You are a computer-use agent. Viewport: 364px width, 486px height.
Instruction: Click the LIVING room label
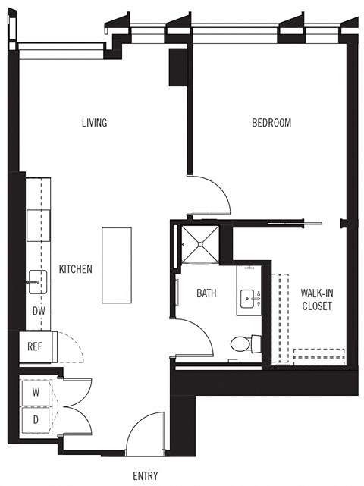(94, 123)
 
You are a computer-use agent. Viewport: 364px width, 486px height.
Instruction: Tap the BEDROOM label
(271, 123)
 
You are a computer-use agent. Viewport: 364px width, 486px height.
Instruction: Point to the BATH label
(207, 293)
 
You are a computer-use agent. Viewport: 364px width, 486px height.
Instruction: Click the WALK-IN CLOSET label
(316, 299)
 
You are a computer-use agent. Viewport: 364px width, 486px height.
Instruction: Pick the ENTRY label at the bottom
(145, 476)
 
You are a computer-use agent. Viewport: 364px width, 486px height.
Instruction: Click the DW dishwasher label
(38, 310)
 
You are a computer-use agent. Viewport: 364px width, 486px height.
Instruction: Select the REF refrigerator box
(34, 346)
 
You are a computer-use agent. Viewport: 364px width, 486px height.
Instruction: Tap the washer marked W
(36, 393)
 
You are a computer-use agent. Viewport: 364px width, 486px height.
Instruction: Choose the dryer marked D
(36, 419)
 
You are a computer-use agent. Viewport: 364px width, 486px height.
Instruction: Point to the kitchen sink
(36, 281)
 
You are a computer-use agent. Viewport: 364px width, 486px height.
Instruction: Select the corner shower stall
(199, 245)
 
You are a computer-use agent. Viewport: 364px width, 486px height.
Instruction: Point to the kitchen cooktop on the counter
(38, 223)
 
